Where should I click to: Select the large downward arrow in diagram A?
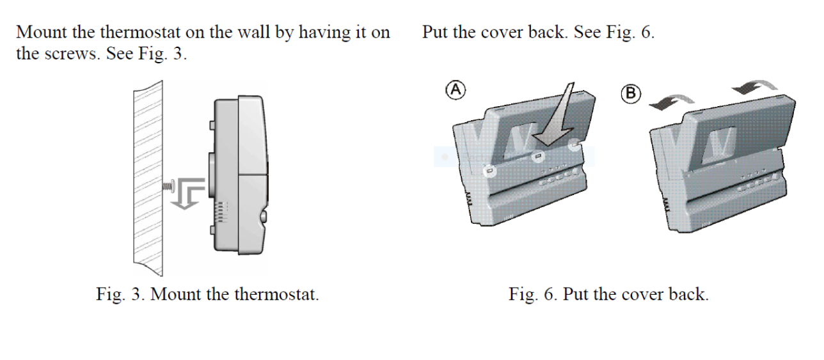[x=556, y=115]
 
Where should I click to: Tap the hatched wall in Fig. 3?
[x=147, y=179]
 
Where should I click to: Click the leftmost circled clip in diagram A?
[x=489, y=171]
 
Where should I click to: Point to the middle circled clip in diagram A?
[x=539, y=155]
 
